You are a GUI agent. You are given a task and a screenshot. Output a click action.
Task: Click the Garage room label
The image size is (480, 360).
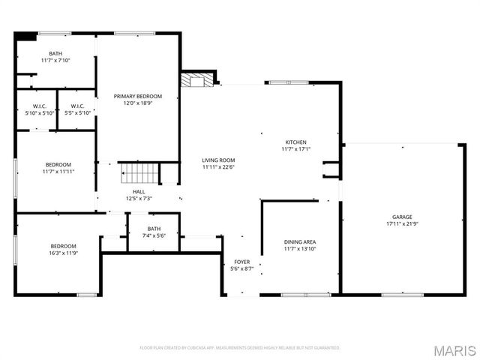pos(402,217)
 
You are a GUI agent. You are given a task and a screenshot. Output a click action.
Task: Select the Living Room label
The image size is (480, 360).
pos(218,160)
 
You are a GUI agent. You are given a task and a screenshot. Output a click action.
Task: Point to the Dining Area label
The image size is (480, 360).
pos(299,241)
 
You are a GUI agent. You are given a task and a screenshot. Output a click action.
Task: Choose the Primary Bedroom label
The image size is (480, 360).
pos(137,96)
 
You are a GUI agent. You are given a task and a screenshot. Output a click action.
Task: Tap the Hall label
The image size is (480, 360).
pos(139,191)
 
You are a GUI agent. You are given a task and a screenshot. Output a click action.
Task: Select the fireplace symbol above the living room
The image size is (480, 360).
pos(196,80)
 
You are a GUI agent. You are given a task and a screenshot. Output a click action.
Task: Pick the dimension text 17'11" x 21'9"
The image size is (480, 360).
pos(402,223)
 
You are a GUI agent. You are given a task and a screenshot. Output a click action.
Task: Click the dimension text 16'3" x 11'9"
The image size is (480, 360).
pos(64,253)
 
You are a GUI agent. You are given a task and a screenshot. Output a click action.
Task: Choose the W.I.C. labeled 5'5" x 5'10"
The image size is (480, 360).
pos(77,109)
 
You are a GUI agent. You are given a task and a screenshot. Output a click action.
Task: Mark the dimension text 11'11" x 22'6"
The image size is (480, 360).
pos(218,167)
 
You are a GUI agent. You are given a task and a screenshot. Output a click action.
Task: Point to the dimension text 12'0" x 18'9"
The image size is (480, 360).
pos(137,103)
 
